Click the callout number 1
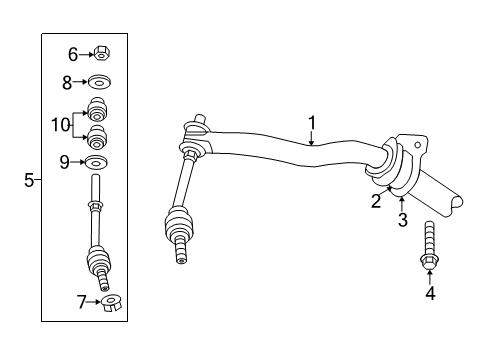point(312,123)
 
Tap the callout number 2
point(377,202)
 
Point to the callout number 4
point(430,293)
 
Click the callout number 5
point(29,180)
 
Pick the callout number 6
point(72,54)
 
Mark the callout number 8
point(68,83)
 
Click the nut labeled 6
point(103,54)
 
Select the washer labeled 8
point(101,83)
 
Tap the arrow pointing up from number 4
point(430,277)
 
